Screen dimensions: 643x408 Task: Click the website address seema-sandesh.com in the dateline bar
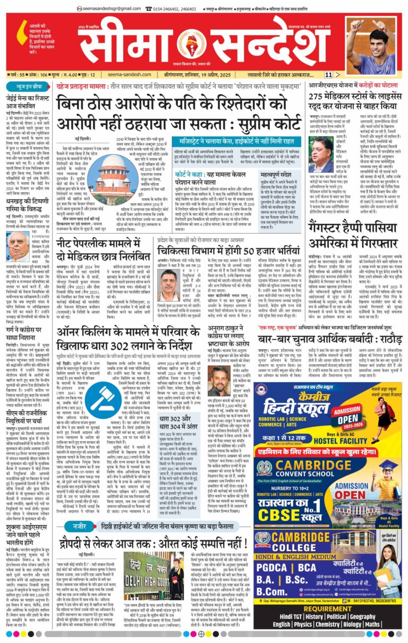click(126, 75)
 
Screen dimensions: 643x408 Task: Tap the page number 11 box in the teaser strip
click(329, 75)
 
